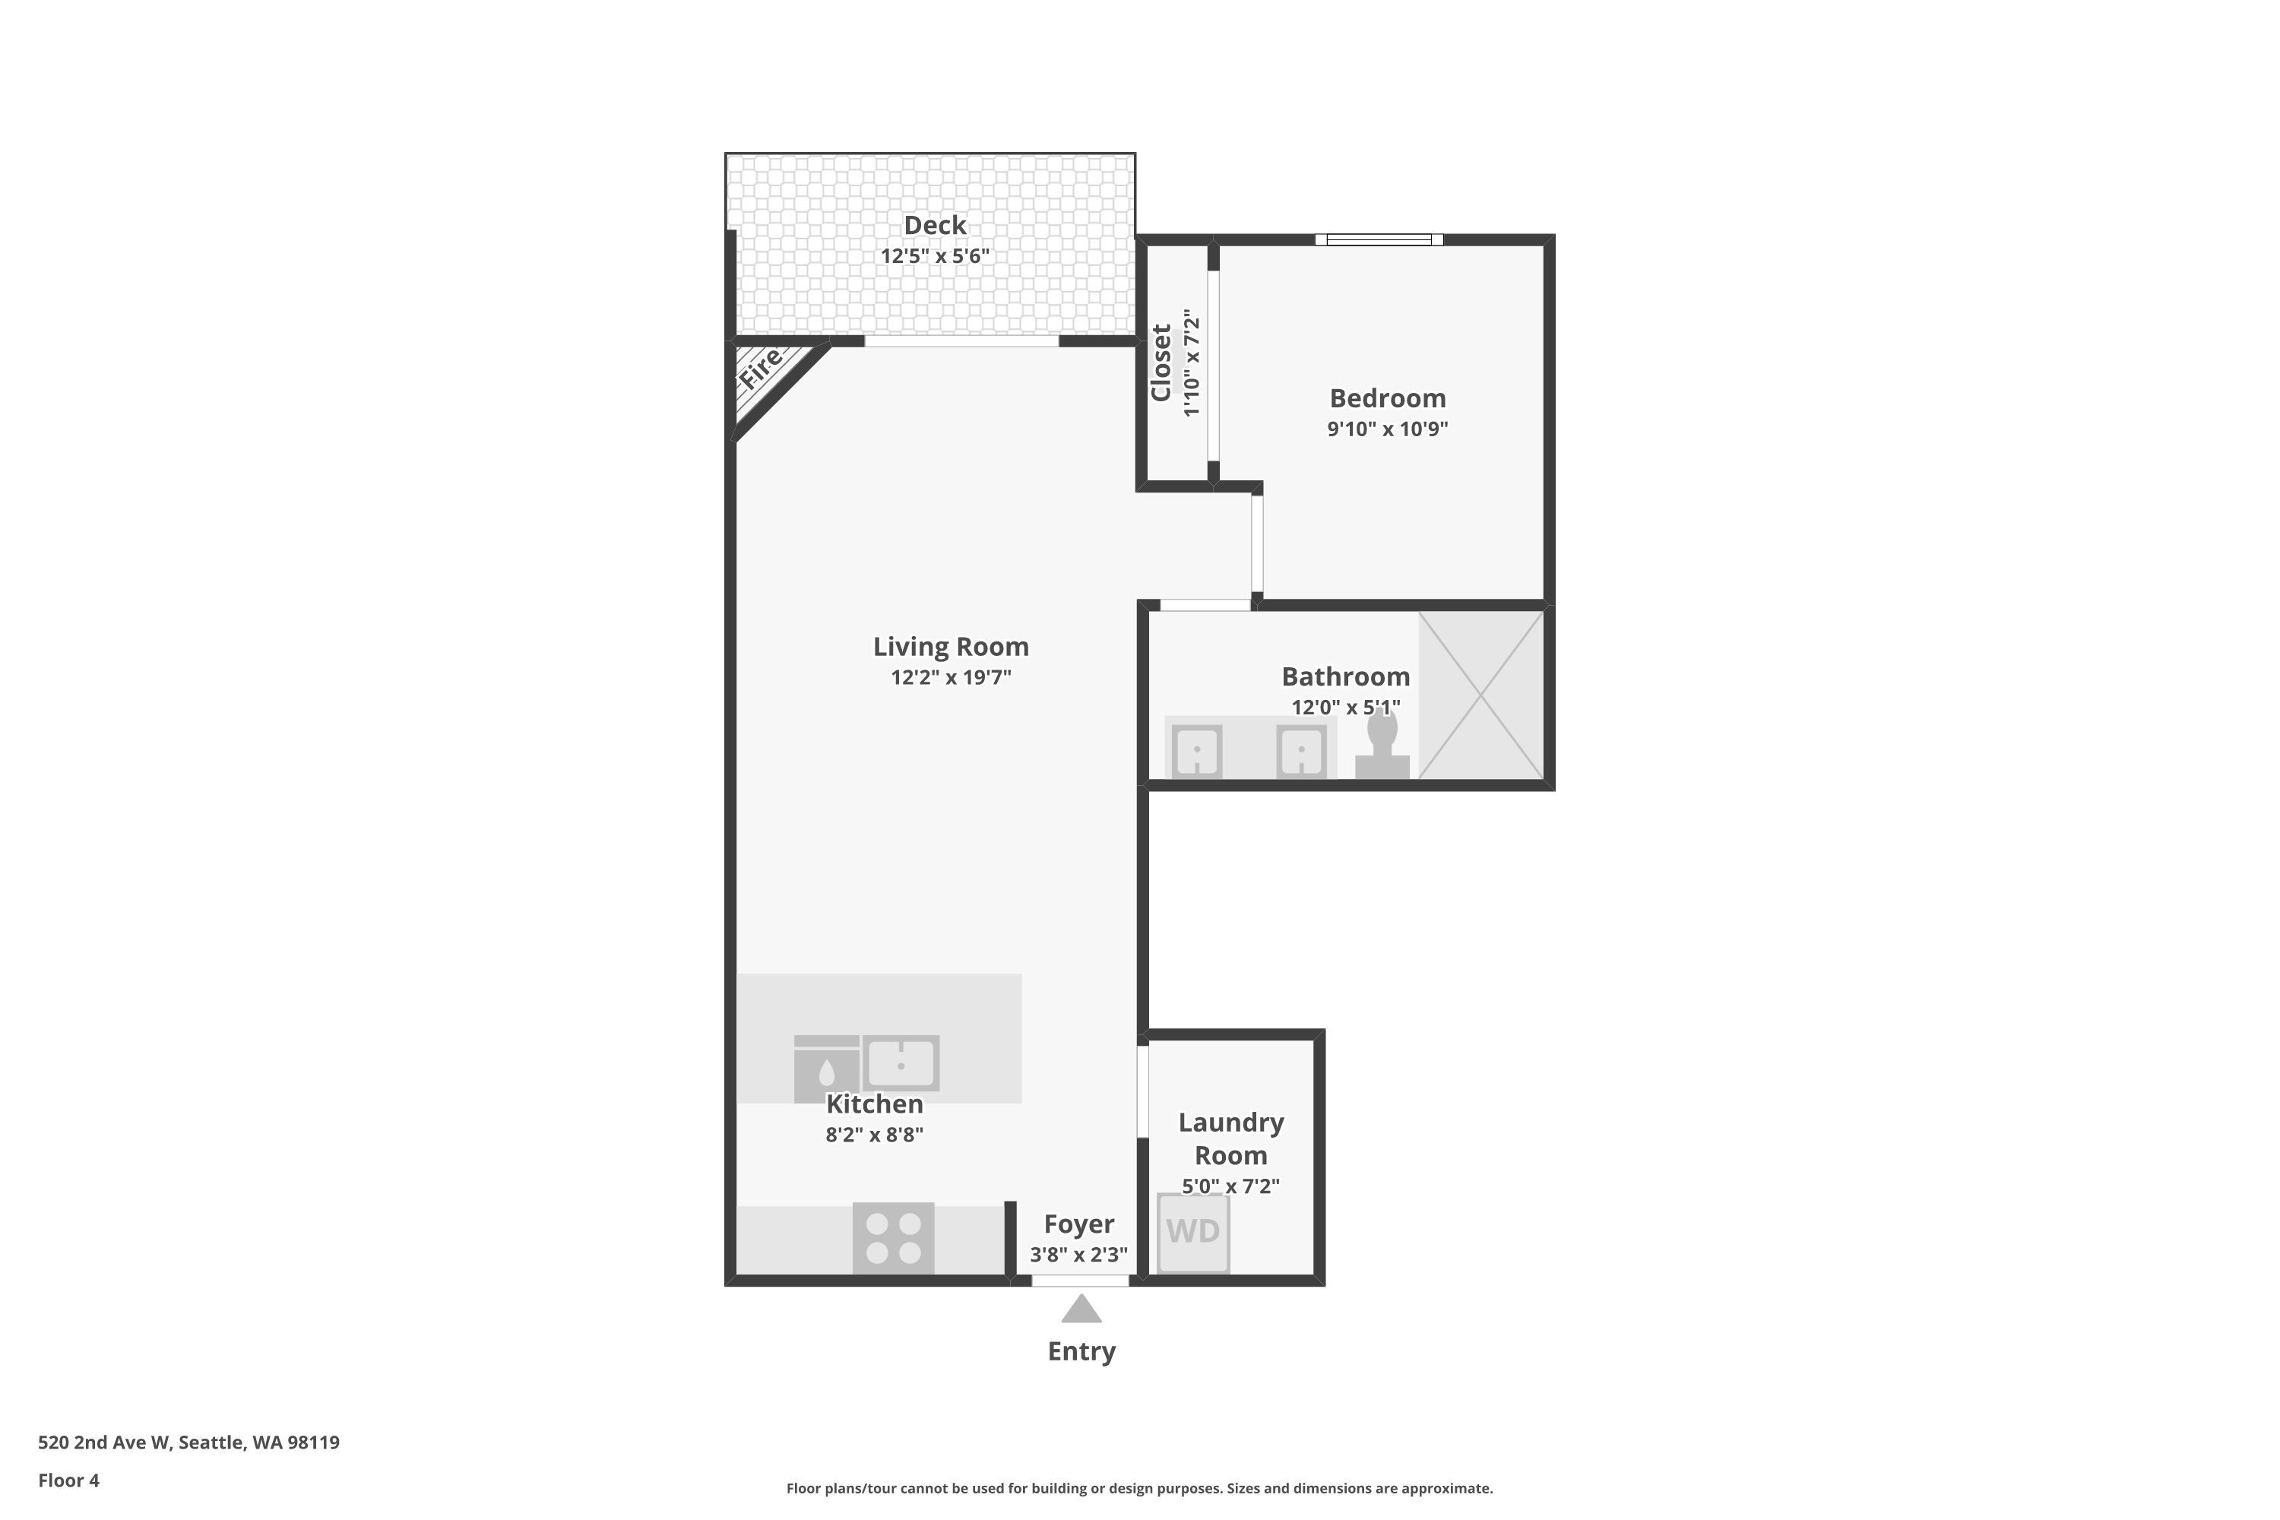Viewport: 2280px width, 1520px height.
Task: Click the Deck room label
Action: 935,226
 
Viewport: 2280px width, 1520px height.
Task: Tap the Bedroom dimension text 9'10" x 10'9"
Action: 1387,429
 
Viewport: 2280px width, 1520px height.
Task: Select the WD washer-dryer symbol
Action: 1193,1232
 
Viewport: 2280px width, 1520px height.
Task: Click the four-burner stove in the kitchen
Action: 893,1239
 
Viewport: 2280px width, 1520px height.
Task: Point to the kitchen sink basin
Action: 901,1063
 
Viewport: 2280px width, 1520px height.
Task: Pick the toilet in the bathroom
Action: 1382,743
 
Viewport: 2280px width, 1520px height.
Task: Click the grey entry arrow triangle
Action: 1081,1309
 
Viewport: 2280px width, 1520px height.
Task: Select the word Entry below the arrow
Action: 1081,1352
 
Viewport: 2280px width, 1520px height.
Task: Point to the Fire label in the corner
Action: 760,369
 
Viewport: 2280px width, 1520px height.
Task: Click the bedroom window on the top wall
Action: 1379,239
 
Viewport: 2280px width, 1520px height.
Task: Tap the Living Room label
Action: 951,647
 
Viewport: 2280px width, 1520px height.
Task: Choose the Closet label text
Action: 1161,363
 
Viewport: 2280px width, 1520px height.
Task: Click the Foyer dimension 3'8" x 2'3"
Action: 1078,1255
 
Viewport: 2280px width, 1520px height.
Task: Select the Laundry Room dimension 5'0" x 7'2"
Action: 1231,1186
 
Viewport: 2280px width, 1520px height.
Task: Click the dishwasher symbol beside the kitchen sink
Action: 827,1069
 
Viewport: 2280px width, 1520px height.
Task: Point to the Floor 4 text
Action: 69,1480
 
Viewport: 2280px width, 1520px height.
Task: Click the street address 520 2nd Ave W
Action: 105,1442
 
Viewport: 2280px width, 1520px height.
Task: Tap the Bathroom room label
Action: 1345,676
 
